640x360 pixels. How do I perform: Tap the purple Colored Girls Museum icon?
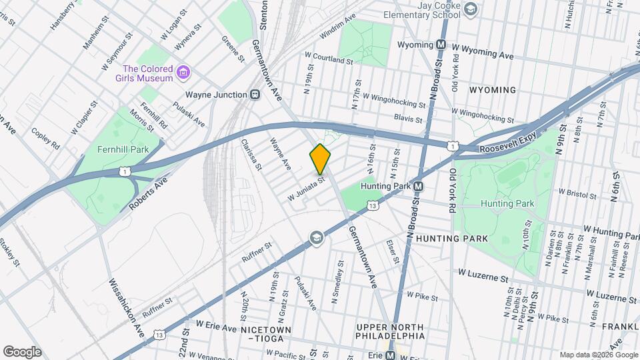pos(185,70)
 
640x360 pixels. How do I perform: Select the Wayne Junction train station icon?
pos(255,95)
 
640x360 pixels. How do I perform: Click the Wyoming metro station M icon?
pos(441,45)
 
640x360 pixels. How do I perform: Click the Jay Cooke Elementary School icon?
pos(471,9)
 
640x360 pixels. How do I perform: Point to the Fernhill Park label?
pos(123,149)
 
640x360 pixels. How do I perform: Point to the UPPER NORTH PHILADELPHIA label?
pos(390,331)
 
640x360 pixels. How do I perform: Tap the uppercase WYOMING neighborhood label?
pos(492,90)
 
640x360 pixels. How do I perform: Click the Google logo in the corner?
pos(22,351)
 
